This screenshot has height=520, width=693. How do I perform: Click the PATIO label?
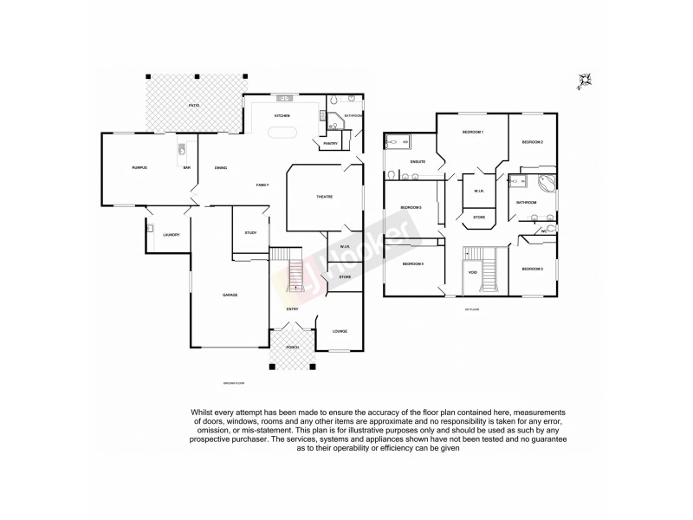point(194,106)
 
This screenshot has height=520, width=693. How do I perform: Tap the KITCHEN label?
point(282,115)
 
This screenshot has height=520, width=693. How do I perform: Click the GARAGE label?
point(230,295)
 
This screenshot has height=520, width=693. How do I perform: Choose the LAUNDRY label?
point(172,235)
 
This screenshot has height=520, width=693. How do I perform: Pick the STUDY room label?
point(251,232)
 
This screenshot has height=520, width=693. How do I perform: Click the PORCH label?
point(293,347)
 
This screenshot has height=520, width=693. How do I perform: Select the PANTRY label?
point(330,143)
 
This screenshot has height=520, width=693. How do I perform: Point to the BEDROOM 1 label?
point(472,132)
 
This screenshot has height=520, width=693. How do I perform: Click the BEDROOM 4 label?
point(411,263)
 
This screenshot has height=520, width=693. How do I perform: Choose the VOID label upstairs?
point(472,272)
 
